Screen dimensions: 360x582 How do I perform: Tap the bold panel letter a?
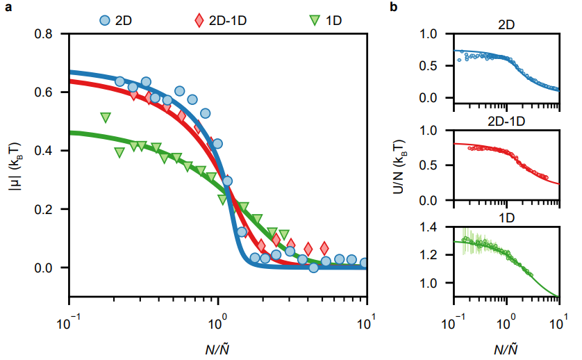(7, 8)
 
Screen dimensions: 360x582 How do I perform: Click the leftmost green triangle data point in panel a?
(106, 117)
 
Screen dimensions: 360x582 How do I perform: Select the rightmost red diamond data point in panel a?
(324, 248)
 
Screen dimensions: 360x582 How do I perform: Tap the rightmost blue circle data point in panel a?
(365, 263)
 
